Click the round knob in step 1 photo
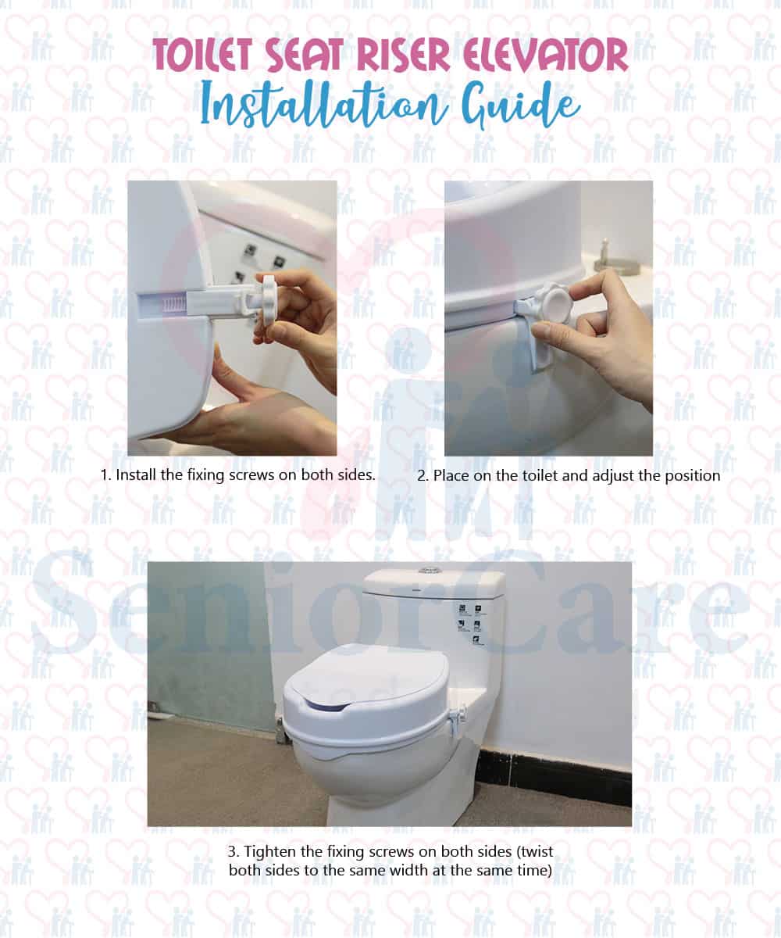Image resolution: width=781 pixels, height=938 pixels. [268, 299]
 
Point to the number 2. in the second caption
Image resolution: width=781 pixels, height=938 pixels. [422, 475]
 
